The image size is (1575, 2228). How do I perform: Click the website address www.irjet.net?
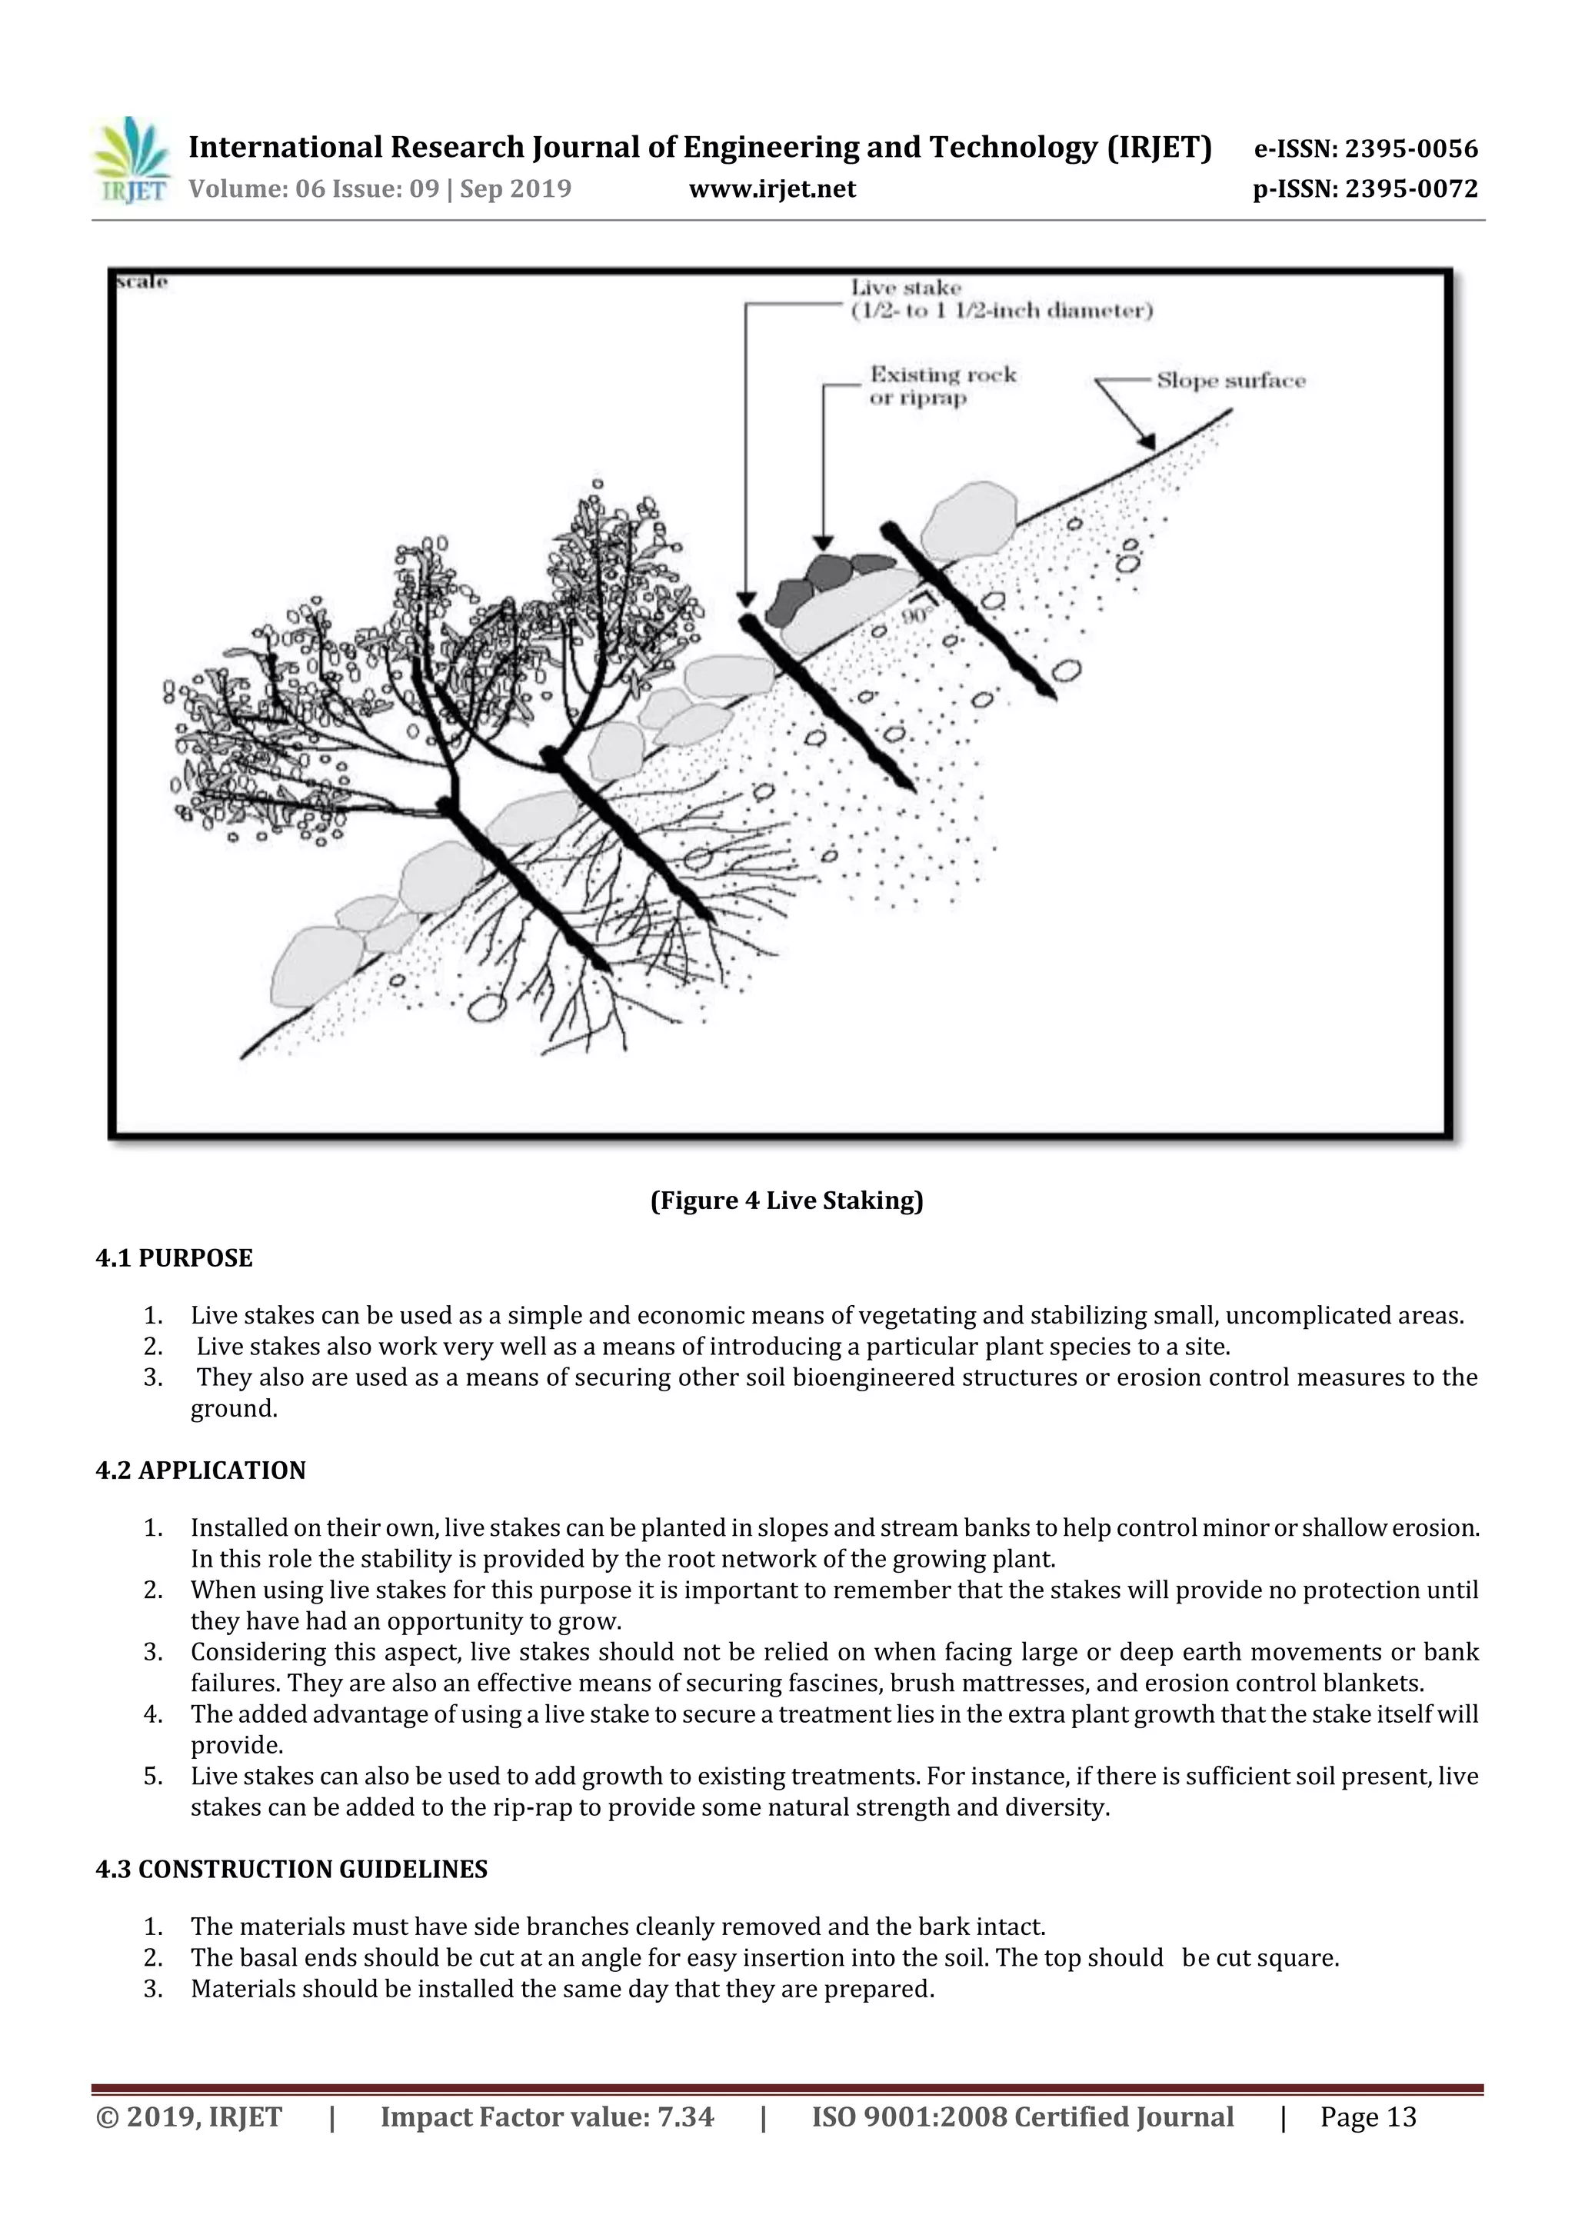(771, 189)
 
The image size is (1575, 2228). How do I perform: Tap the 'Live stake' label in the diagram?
(905, 288)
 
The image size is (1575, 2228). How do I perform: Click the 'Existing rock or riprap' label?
(941, 386)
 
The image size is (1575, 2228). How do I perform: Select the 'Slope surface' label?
(1230, 381)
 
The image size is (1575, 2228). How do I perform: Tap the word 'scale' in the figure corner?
(142, 281)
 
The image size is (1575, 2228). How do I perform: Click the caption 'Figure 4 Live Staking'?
(786, 1201)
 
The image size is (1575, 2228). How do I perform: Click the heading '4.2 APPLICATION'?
(200, 1470)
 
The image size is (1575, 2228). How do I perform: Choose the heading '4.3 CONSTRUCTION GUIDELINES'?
(291, 1869)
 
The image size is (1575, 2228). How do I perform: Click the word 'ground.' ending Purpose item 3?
(234, 1408)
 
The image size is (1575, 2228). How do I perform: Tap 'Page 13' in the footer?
(1367, 2116)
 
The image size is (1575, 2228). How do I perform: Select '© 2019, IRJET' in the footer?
(188, 2116)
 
